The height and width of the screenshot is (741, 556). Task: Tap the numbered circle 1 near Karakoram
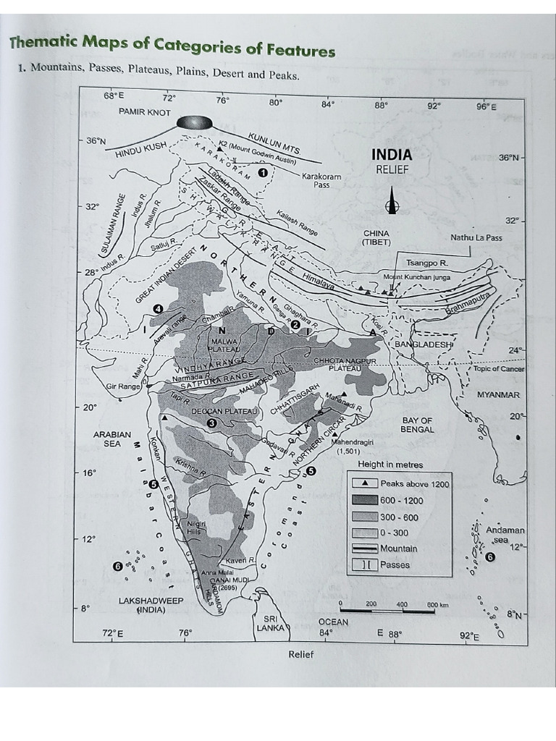coord(263,173)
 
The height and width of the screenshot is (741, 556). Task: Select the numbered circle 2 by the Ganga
coord(295,326)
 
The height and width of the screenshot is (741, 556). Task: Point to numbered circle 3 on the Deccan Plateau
coord(211,423)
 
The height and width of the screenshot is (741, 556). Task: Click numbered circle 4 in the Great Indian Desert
coord(157,309)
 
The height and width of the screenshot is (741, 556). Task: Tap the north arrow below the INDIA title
coord(392,201)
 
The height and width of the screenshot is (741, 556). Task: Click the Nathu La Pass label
coord(476,237)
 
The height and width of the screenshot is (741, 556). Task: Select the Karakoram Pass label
coord(321,180)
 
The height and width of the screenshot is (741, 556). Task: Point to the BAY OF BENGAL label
coord(417,425)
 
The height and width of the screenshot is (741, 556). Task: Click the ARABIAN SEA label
coord(112,439)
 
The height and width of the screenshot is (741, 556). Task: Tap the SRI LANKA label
coord(271,624)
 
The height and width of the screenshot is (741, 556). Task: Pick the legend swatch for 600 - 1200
coord(365,500)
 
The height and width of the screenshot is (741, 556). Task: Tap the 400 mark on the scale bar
coord(403,604)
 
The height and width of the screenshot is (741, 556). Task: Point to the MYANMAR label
coord(497,395)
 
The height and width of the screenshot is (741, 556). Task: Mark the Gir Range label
coord(123,386)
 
